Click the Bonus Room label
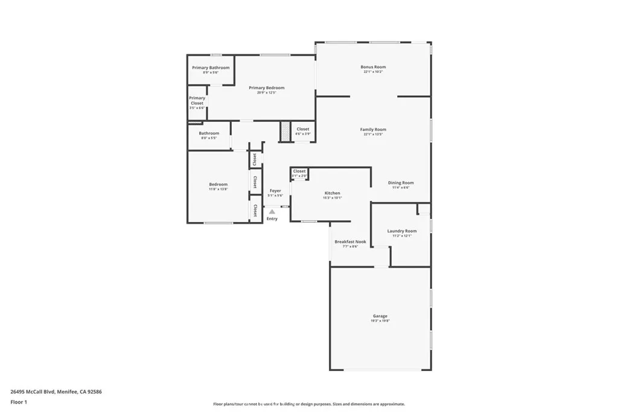373,67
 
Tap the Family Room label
373,130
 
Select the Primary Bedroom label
266,88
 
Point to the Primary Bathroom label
211,68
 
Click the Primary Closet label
197,100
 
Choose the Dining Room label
401,183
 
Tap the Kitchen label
332,193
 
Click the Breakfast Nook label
350,241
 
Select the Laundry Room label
402,231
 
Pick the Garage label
380,316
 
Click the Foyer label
275,191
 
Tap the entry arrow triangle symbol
272,212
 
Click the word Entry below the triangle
272,218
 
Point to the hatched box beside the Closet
285,132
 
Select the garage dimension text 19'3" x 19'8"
380,321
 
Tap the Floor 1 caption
19,402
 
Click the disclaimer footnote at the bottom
308,404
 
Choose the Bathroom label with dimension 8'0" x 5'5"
209,133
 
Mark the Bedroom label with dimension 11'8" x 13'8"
218,185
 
